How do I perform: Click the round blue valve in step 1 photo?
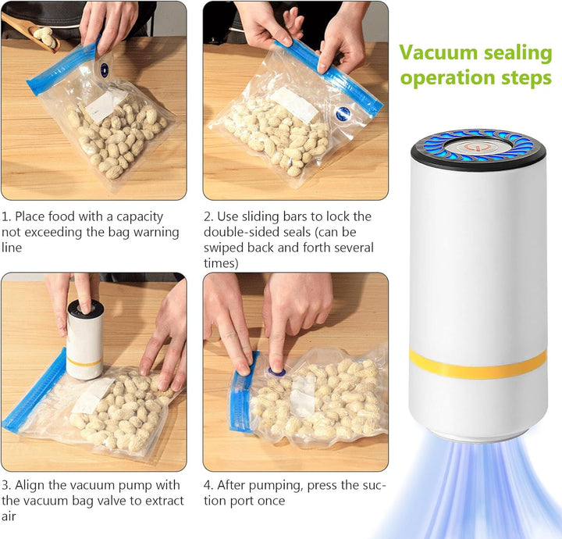tap(104, 70)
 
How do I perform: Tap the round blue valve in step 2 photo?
tap(343, 113)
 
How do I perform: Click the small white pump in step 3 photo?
tap(84, 340)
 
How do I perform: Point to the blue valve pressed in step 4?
tap(277, 372)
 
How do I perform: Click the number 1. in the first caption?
tap(6, 216)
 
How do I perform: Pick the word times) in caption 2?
tap(221, 263)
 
